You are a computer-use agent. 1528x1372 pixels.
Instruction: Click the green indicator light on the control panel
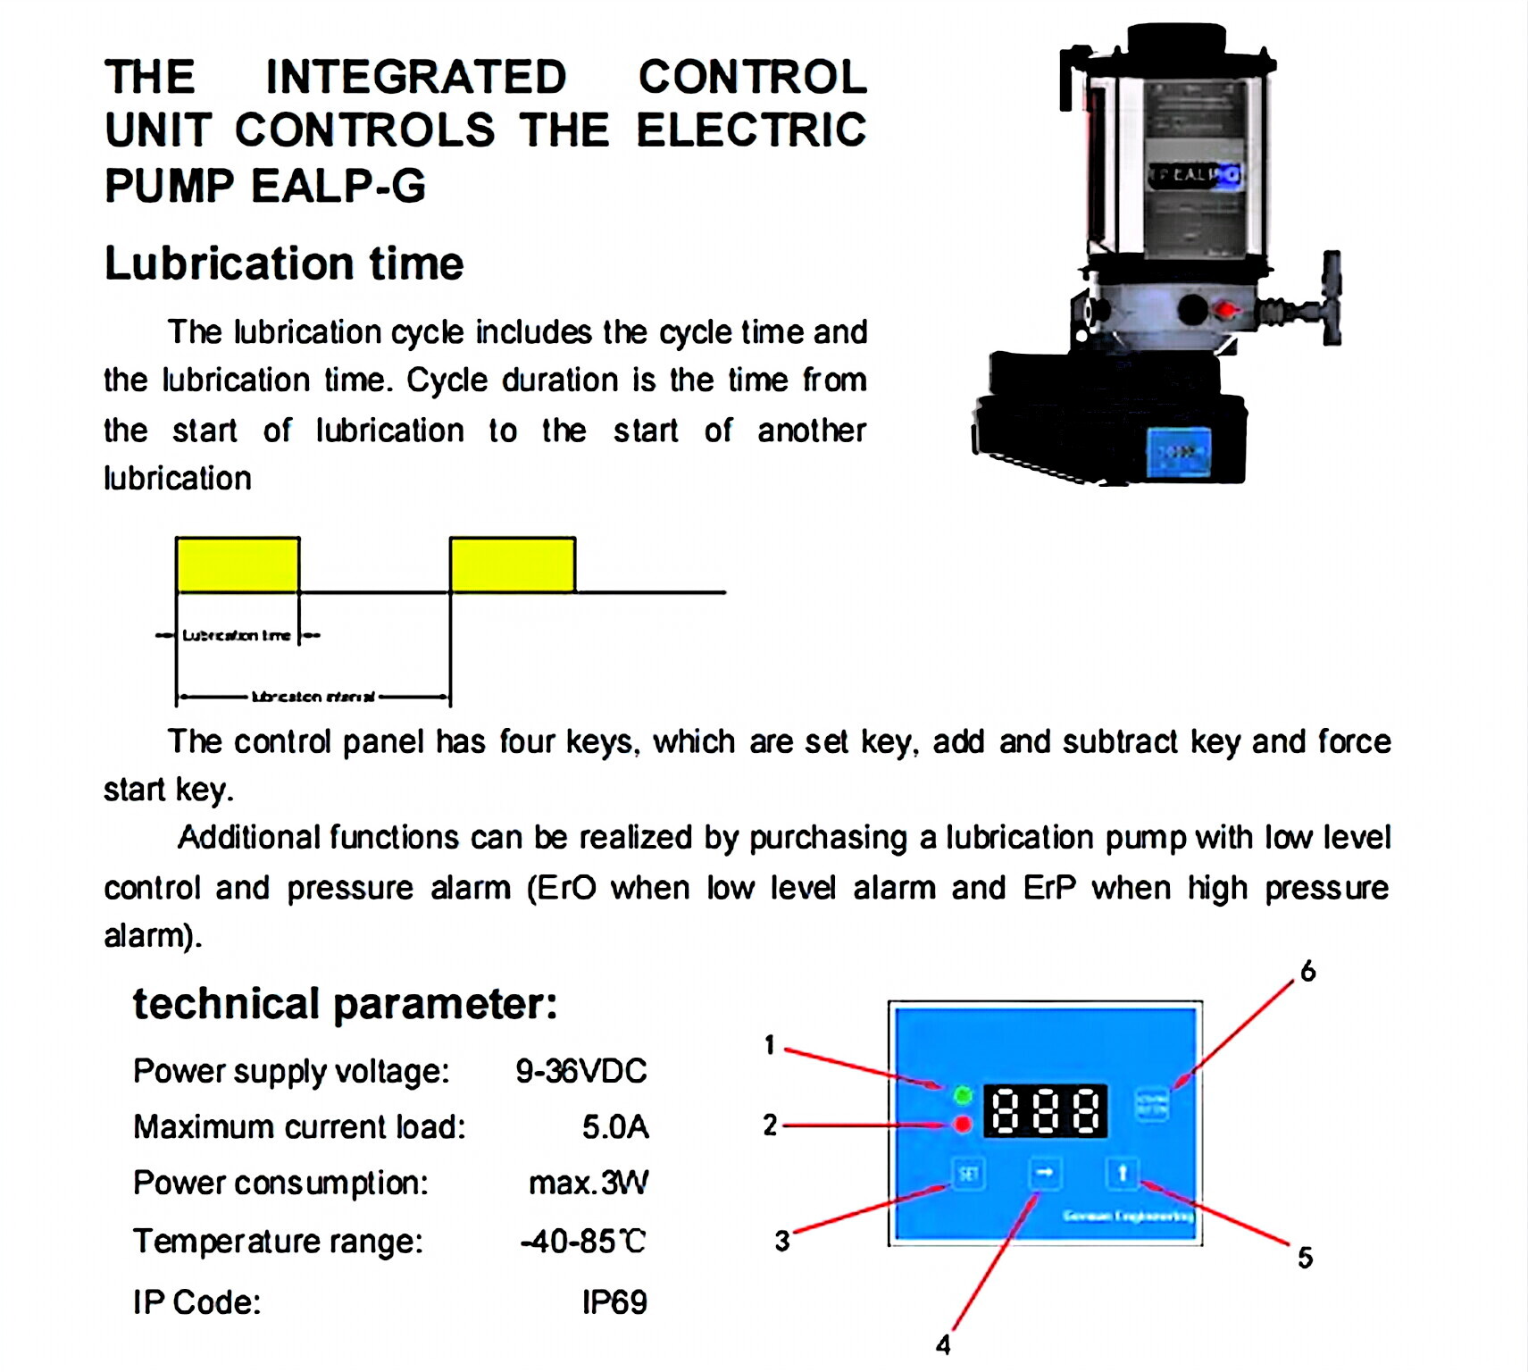coord(963,1094)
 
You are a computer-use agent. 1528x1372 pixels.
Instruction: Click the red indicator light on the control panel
coord(963,1125)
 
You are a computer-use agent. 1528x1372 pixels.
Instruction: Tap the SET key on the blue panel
coord(969,1173)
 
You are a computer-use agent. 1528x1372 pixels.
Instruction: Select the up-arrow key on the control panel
coord(1123,1172)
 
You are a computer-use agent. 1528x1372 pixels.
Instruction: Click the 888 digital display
coord(1045,1111)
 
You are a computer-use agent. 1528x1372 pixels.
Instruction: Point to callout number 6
coord(1308,971)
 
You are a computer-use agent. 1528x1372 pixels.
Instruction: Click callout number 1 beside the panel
coord(770,1044)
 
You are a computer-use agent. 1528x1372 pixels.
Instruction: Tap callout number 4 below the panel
coord(943,1345)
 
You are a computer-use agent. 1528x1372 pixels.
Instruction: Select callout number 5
coord(1305,1258)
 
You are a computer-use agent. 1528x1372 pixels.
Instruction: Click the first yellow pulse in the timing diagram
coord(238,565)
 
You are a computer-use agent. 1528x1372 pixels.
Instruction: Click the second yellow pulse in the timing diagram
coord(513,565)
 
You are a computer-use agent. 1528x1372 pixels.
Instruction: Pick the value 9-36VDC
coord(580,1071)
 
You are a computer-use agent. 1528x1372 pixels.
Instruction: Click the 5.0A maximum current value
coord(614,1127)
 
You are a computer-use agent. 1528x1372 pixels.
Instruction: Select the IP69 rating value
coord(614,1302)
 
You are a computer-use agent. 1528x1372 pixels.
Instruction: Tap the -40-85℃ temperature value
coord(583,1242)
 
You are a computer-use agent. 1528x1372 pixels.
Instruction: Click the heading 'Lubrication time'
coord(284,264)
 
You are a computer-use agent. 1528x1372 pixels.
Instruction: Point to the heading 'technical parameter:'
coord(345,1004)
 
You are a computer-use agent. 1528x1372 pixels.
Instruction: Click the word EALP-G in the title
coord(338,186)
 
